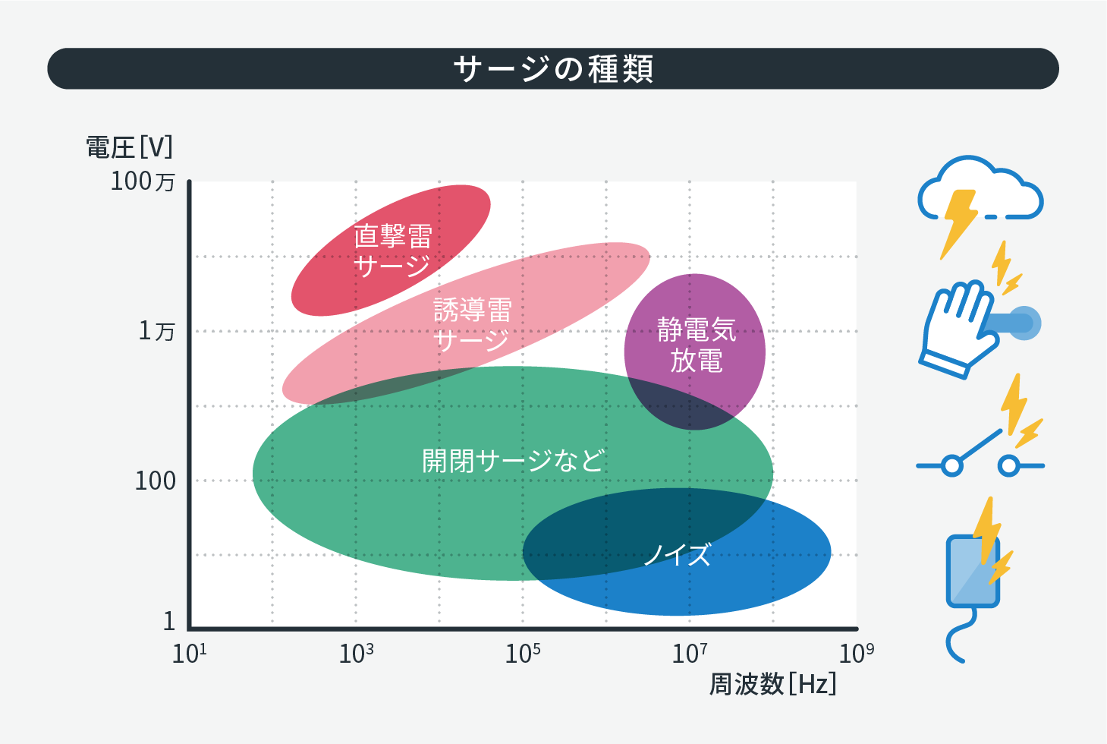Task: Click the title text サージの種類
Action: click(554, 69)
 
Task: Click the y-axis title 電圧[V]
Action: click(129, 147)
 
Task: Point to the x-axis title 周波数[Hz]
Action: click(773, 684)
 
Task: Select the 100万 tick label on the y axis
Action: click(143, 181)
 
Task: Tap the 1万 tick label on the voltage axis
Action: click(156, 331)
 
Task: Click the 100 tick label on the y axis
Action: click(156, 481)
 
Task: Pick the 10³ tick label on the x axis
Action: click(356, 654)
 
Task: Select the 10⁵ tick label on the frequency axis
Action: click(522, 654)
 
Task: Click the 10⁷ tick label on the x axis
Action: click(690, 654)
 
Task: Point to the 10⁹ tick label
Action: click(857, 654)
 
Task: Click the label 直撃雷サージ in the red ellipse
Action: click(393, 251)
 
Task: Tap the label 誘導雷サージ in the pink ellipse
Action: click(472, 325)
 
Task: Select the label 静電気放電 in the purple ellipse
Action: click(697, 345)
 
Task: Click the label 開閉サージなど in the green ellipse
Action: click(513, 461)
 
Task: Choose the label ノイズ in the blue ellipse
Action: click(678, 554)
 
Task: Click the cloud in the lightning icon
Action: click(980, 188)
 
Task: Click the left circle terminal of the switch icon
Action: click(951, 465)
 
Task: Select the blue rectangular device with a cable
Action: click(973, 572)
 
